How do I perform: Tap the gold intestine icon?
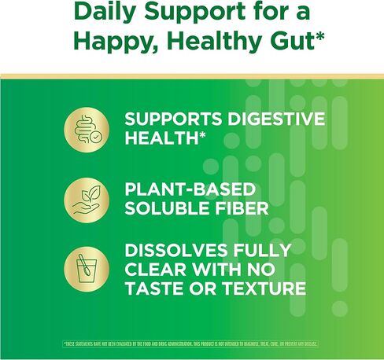tap(86, 127)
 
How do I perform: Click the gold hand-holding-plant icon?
tap(86, 200)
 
